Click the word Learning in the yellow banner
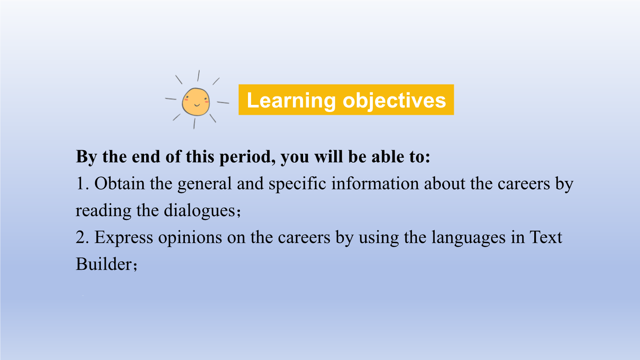[x=291, y=101]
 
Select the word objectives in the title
[x=394, y=101]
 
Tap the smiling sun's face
[x=196, y=102]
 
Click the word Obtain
[x=120, y=184]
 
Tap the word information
[x=375, y=184]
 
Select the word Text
[x=546, y=237]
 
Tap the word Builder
[x=104, y=264]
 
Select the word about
[x=444, y=184]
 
